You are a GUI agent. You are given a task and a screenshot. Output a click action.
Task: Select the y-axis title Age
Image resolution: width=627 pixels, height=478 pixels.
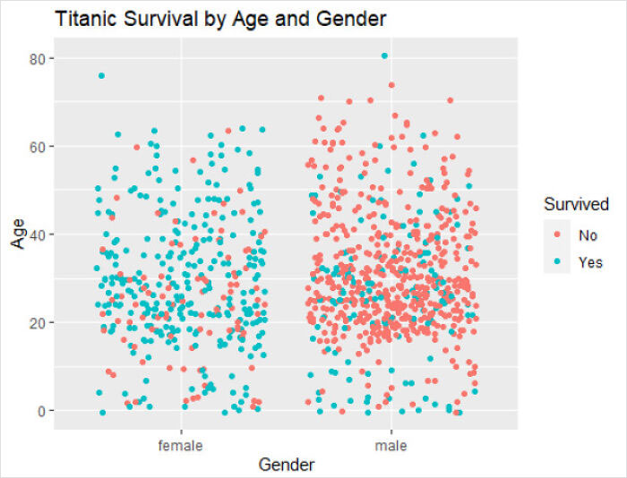coord(18,234)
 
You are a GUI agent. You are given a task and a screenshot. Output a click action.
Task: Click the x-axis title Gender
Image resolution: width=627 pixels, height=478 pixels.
coord(286,465)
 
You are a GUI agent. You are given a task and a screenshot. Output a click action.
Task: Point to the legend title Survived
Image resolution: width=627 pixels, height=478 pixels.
coord(577,205)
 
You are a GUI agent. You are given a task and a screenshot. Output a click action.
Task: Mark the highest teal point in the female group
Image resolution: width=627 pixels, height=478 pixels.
coord(101,76)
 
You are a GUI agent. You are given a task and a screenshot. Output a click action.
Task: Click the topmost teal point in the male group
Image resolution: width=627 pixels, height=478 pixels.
coord(384,56)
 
